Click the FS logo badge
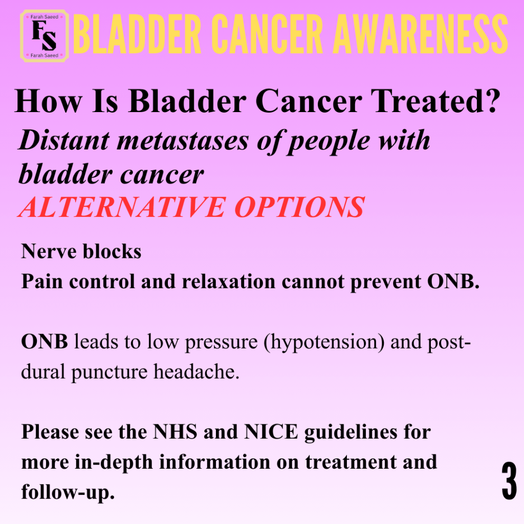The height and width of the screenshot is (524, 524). (x=45, y=36)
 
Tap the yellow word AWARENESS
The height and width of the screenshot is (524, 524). (x=421, y=34)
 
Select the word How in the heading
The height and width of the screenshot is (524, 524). (x=48, y=101)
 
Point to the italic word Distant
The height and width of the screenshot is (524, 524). (x=64, y=140)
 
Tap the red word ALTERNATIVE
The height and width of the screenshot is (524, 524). (x=122, y=207)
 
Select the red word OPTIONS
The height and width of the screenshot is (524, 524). (x=299, y=207)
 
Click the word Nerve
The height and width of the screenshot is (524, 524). (x=49, y=251)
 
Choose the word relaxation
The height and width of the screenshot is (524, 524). (x=229, y=281)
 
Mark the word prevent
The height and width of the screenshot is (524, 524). (x=386, y=282)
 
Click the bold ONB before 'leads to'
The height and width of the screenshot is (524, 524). (x=45, y=341)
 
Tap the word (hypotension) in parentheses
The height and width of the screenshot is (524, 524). (x=324, y=342)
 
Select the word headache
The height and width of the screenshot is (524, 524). (x=196, y=372)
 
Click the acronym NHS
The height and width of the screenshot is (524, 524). (x=175, y=432)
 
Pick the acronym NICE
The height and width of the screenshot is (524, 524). (x=271, y=432)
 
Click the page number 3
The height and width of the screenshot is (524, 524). (x=509, y=481)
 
